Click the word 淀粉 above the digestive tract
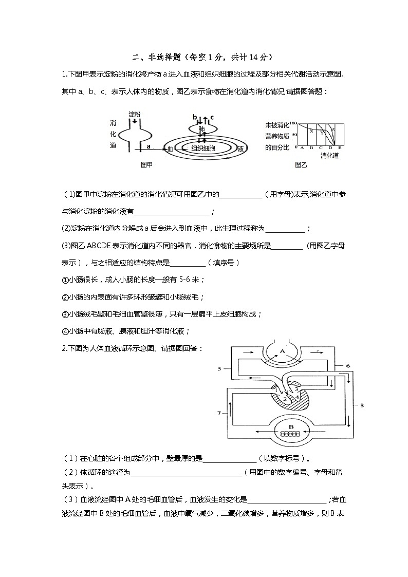135,114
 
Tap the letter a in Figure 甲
148,146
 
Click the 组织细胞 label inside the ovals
203,148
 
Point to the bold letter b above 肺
194,117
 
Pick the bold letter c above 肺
212,117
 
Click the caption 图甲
146,165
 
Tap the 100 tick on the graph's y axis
293,123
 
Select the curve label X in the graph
310,131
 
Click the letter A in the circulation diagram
282,351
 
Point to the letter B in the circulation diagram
290,426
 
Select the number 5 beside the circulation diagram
219,368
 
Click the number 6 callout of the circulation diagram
348,365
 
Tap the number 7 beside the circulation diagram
219,413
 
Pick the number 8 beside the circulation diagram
362,405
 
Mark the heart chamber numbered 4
296,396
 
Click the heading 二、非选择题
154,57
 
